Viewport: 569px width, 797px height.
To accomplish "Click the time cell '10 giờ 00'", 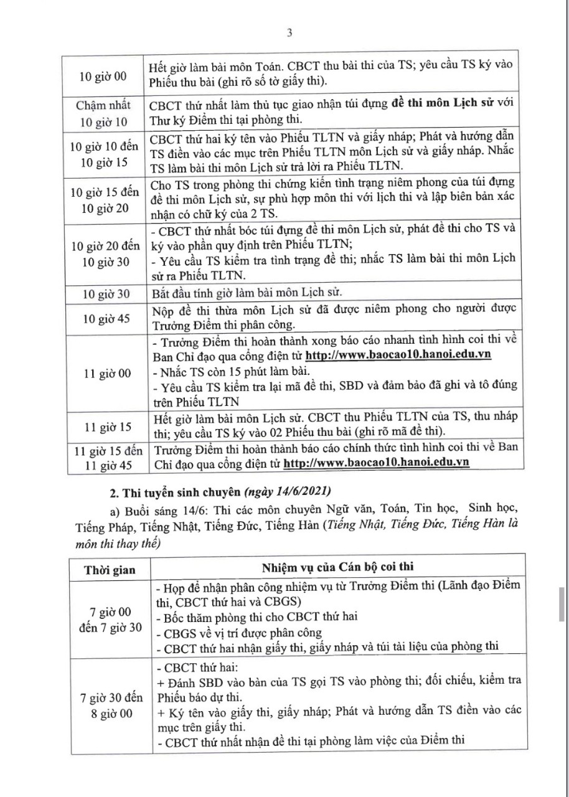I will [x=104, y=76].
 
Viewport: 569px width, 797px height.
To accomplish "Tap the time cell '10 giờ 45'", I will [x=104, y=318].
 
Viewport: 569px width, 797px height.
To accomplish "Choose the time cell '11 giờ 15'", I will [x=104, y=428].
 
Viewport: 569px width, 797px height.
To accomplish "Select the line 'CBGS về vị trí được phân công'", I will [x=233, y=634].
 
